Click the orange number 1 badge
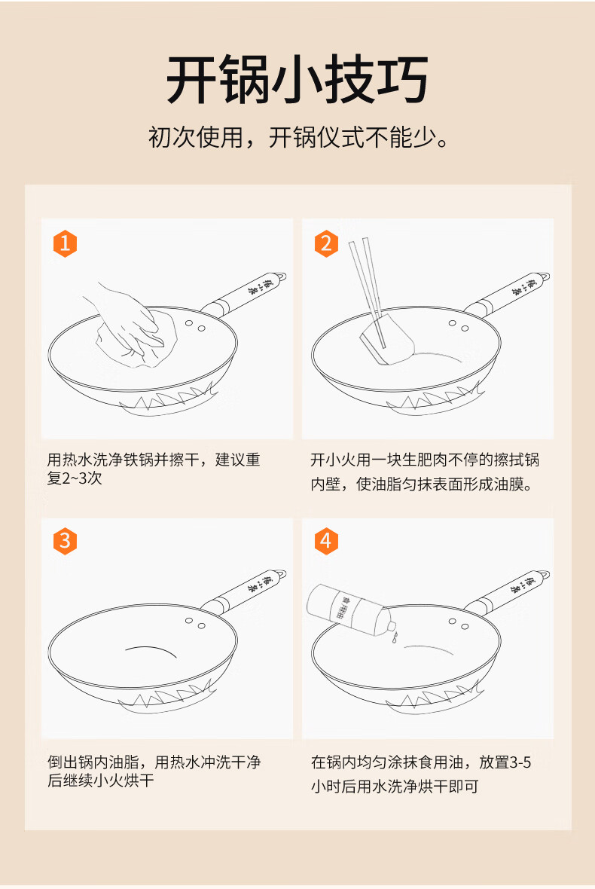66,243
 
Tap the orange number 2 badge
326,243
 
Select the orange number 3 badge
66,540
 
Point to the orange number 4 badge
326,540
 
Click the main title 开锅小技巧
297,79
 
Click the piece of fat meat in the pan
388,338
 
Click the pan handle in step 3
245,591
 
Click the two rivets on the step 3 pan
195,624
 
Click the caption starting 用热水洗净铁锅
154,469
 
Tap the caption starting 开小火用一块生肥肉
425,472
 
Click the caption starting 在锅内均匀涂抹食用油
421,774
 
